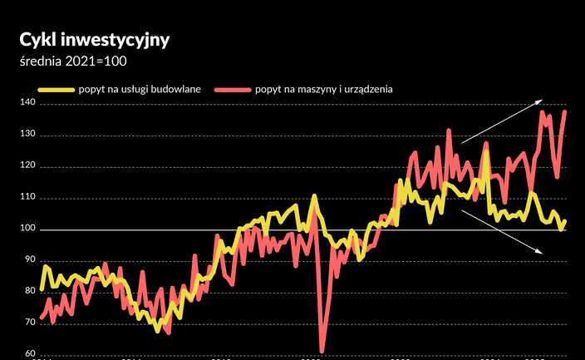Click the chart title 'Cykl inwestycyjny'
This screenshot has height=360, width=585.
(95, 40)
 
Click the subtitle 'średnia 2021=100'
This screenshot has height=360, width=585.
(73, 61)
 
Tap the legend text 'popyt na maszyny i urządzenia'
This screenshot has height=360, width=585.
(324, 88)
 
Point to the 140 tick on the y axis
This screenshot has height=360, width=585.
(28, 103)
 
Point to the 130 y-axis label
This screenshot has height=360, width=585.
(28, 135)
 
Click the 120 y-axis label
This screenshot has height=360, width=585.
(28, 166)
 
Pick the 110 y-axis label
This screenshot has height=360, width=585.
(28, 198)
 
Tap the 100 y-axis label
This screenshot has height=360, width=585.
(28, 229)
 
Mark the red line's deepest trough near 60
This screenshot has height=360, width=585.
(322, 351)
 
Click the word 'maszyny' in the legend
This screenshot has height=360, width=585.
(312, 88)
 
